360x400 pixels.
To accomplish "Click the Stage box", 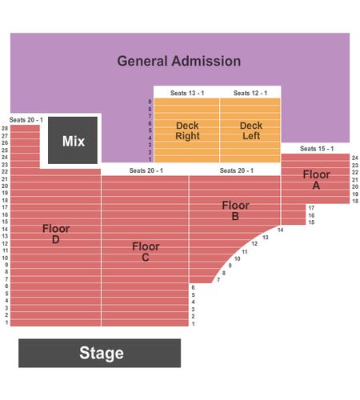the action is (99, 353).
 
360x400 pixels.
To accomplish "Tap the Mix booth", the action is (73, 140).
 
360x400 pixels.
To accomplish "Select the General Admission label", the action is (179, 61).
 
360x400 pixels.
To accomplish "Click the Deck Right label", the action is (187, 130).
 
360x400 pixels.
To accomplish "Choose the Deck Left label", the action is (251, 130).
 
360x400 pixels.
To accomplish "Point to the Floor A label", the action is (316, 180).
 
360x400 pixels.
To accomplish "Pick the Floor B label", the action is (235, 210).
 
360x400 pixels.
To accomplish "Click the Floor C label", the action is (146, 252).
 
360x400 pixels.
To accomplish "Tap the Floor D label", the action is (56, 234).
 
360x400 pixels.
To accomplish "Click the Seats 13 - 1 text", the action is (187, 93).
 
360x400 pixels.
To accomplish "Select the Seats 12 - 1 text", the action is (250, 93).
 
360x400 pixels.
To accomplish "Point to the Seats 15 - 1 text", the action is (317, 149).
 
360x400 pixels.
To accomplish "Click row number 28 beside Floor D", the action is (5, 129).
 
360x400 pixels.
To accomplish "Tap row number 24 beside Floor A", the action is (355, 158).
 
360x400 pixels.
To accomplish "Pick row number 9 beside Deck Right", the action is (150, 102).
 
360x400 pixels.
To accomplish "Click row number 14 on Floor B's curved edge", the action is (280, 230).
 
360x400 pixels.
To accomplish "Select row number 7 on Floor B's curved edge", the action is (218, 280).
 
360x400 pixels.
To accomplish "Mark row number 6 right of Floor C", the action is (193, 287).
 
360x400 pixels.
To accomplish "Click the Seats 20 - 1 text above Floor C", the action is (146, 170).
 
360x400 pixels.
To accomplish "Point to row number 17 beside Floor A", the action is (311, 208).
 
